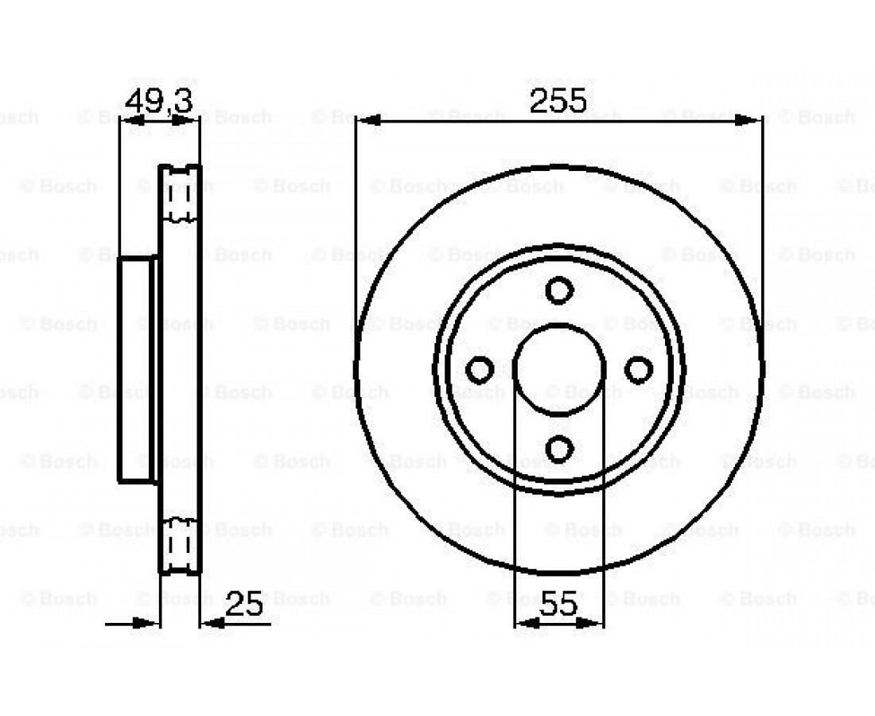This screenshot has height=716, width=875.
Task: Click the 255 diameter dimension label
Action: point(558,100)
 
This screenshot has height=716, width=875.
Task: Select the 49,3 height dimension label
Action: point(159,101)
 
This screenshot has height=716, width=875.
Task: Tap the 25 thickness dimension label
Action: point(244,603)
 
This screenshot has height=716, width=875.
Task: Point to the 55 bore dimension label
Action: point(558,603)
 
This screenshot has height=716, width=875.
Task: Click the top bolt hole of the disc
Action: point(559,290)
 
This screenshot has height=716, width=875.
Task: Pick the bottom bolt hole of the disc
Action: point(559,449)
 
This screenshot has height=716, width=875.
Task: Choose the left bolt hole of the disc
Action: point(480,369)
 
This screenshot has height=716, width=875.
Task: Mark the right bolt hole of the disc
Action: point(639,369)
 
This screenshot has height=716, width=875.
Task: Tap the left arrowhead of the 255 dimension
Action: point(368,120)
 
